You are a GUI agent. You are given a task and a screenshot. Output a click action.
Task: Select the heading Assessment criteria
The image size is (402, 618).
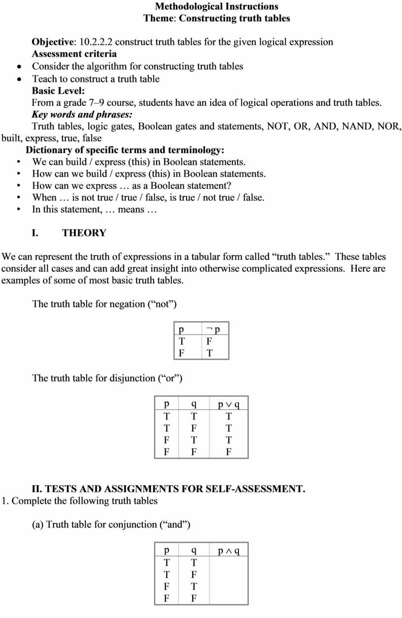(74, 54)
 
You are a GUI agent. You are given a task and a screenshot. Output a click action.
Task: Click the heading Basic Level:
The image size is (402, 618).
(58, 91)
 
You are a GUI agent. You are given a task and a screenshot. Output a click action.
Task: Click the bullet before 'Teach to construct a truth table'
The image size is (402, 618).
(19, 79)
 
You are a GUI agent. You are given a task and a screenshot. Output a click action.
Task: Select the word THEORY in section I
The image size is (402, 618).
(84, 233)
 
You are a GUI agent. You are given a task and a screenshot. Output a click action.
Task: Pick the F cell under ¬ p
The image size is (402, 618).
(209, 341)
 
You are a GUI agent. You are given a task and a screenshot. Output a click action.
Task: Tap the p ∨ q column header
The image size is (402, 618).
(229, 404)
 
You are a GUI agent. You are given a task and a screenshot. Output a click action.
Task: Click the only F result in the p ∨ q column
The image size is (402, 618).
(229, 452)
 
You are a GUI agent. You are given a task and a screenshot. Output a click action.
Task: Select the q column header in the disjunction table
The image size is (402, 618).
(194, 404)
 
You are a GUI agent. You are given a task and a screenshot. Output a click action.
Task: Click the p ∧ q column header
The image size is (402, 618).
(229, 550)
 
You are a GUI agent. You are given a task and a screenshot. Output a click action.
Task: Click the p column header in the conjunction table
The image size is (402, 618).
(167, 550)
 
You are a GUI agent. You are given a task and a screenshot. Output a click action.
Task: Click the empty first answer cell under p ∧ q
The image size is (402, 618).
(229, 563)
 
